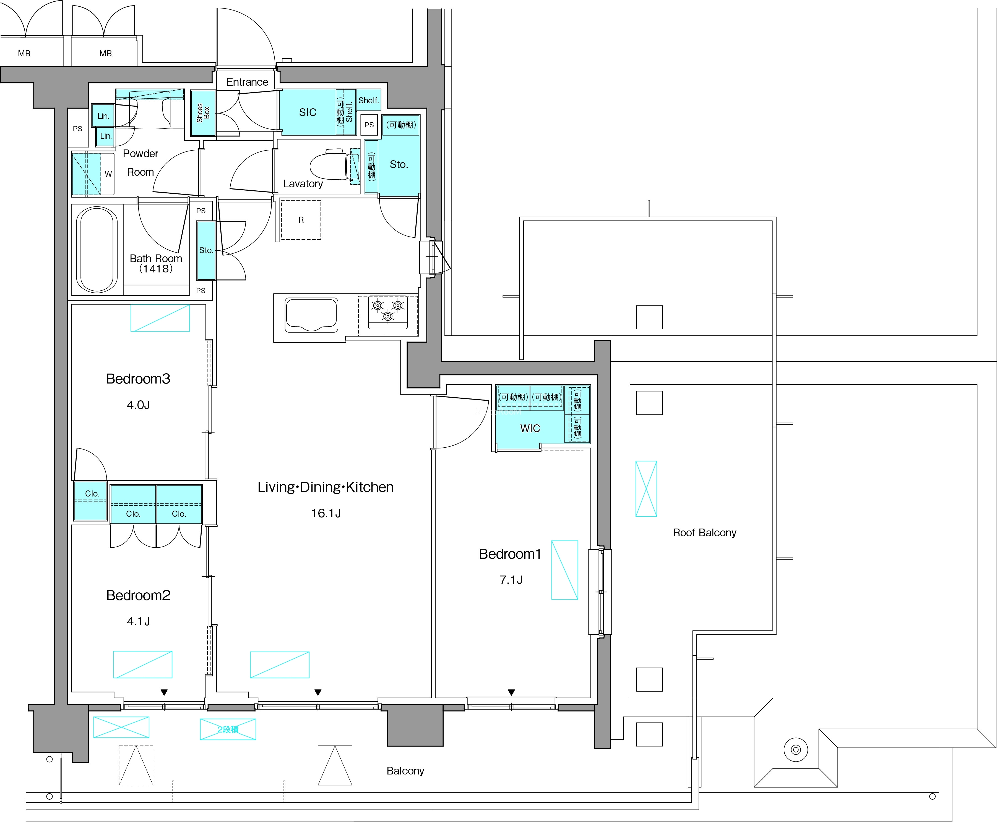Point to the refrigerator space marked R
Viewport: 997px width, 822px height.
click(x=301, y=220)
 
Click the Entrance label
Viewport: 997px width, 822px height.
click(x=247, y=82)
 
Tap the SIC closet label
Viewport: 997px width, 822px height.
click(x=308, y=112)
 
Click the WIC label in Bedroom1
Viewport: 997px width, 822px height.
click(x=530, y=429)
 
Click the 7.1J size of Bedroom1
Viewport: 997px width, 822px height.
click(x=511, y=580)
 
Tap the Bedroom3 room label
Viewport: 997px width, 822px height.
click(x=138, y=379)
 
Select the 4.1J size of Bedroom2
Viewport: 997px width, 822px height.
click(x=138, y=621)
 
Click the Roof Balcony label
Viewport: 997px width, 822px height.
click(x=705, y=533)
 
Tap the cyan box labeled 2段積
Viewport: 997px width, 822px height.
click(x=228, y=729)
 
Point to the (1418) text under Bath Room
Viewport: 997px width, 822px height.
click(x=156, y=269)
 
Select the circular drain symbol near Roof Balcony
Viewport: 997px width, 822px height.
click(x=796, y=750)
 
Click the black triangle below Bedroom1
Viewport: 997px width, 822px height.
click(x=511, y=692)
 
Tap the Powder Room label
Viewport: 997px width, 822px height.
click(x=141, y=163)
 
